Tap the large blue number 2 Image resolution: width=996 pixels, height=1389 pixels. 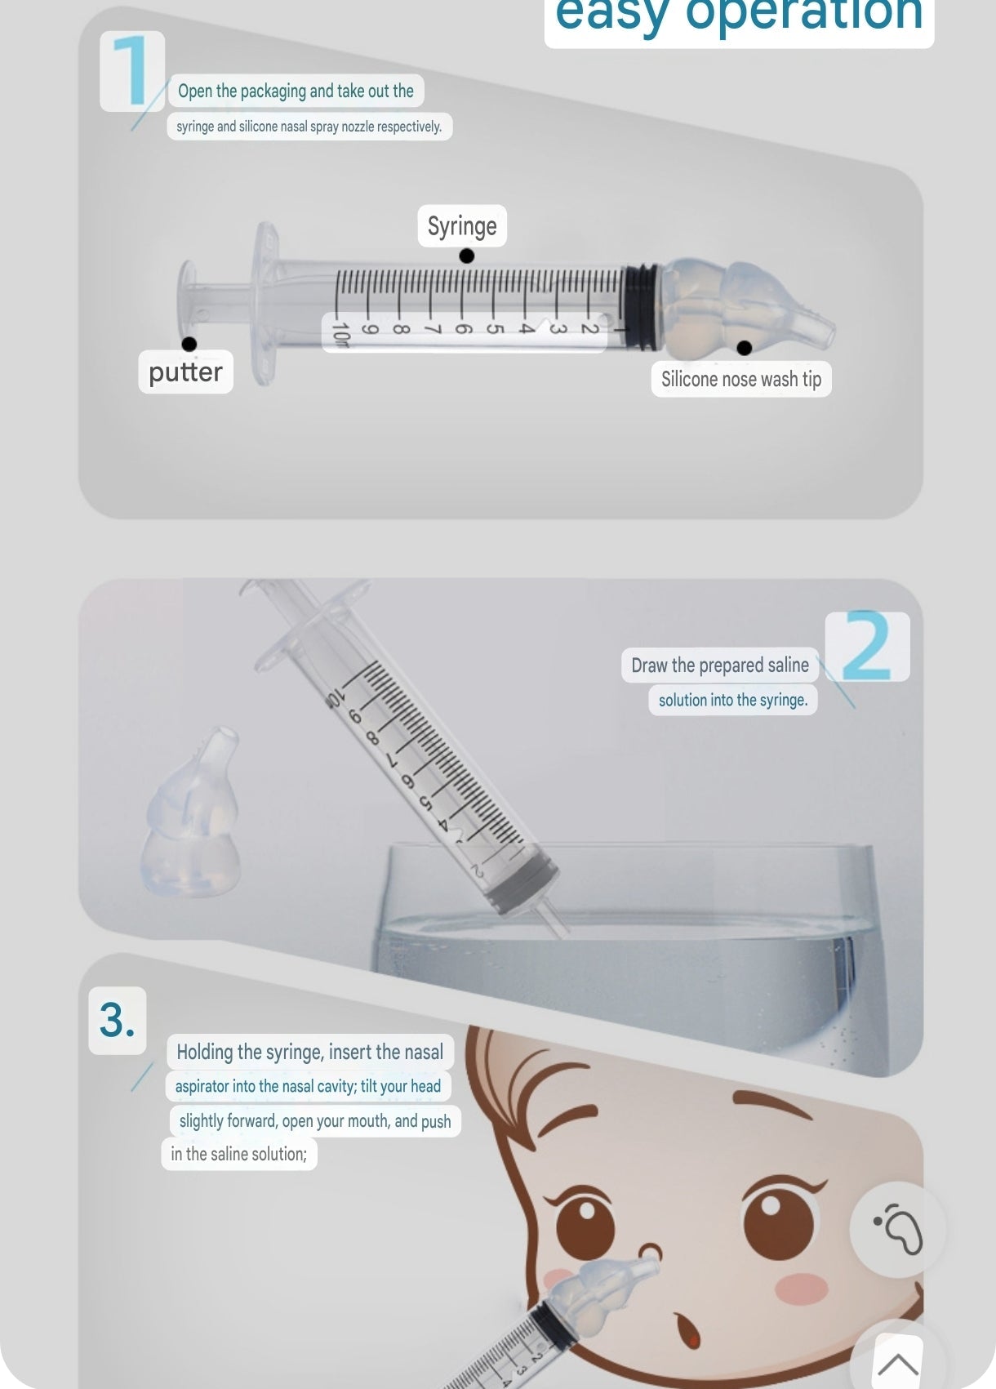point(868,646)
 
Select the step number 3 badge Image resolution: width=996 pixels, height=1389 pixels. point(117,1020)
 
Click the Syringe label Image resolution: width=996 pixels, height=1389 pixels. point(462,225)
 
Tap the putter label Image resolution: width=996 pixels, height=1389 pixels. point(185,372)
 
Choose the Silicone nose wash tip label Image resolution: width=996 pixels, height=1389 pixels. point(741,379)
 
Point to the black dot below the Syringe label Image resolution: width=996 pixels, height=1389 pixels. point(467,256)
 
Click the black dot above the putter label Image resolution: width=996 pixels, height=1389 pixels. point(189,344)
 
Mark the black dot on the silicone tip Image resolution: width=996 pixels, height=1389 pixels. point(745,348)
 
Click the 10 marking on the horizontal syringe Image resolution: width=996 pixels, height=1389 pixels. point(340,334)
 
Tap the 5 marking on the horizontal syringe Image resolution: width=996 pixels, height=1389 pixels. point(494,328)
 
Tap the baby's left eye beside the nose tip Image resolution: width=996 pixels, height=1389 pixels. point(585,1223)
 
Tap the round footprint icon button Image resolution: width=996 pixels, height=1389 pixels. point(897,1230)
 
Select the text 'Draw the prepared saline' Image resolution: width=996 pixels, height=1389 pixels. point(720,666)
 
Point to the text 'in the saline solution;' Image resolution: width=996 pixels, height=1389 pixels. point(239,1154)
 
